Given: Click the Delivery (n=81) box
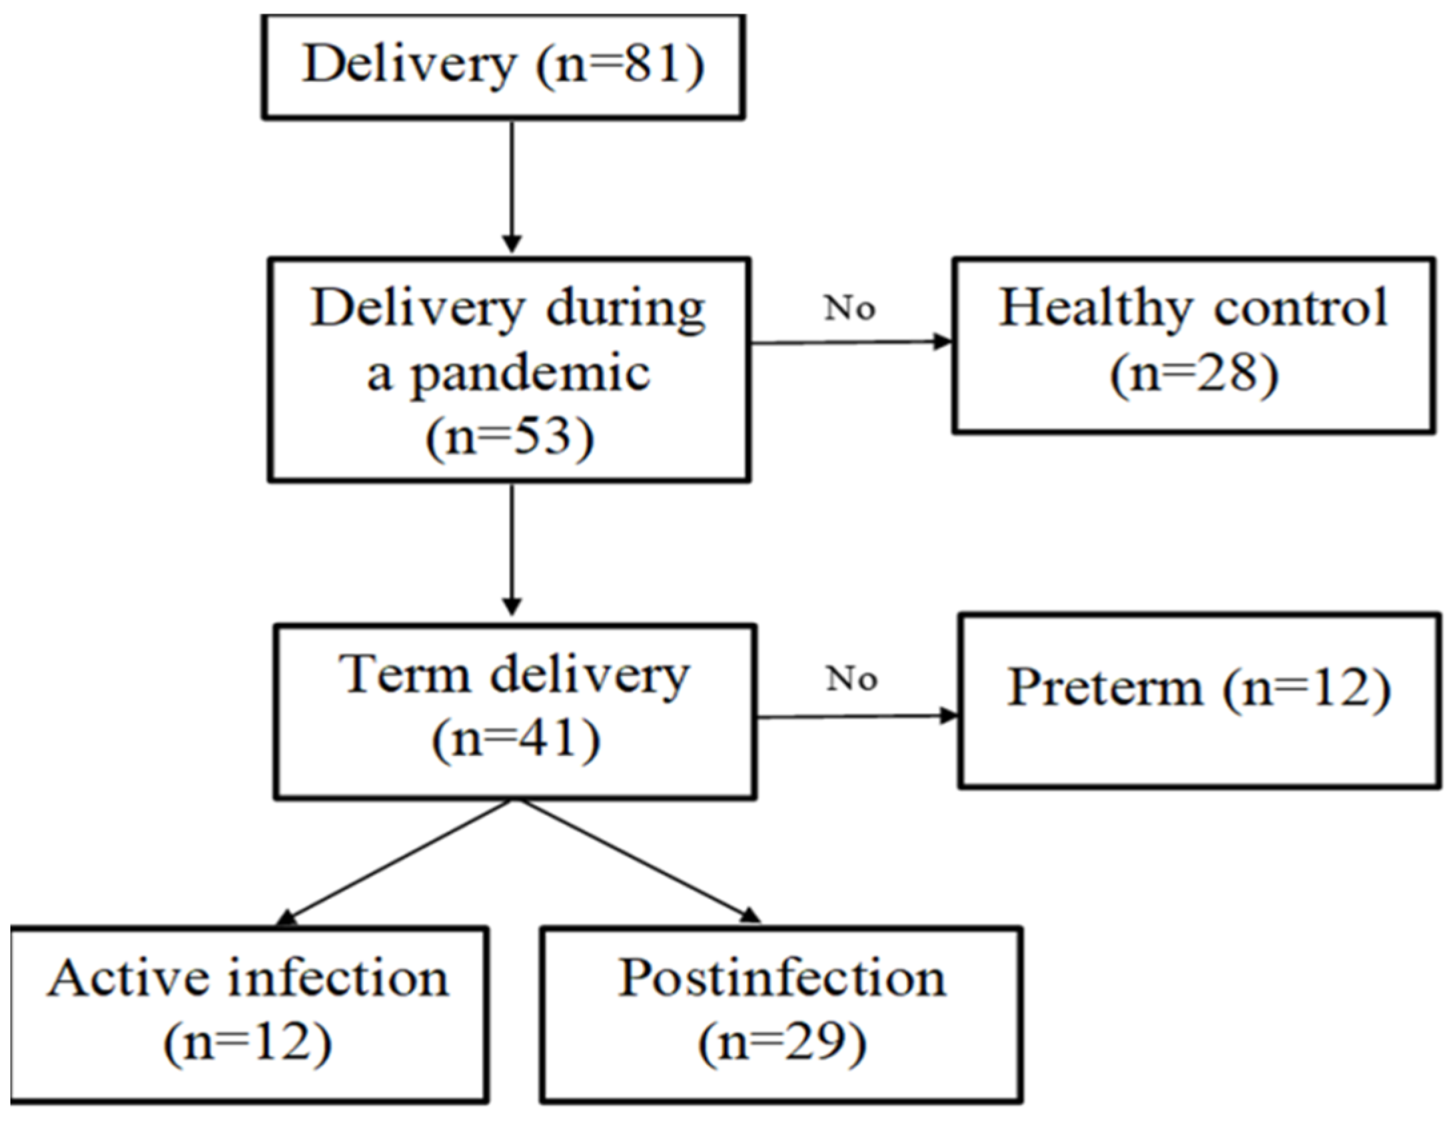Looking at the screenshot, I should [504, 67].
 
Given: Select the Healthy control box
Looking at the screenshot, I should [1193, 345].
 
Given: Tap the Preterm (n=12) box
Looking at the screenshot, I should [1198, 701].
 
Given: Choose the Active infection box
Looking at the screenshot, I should [248, 1014].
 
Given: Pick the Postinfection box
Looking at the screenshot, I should [781, 1014].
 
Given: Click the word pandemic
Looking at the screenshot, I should [530, 374].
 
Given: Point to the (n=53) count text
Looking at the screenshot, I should [510, 438].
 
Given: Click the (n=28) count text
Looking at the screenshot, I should [1194, 374].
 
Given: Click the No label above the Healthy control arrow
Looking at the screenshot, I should [849, 308].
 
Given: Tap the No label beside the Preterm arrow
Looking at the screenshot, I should [851, 679].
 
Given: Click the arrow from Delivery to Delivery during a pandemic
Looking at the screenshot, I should [512, 187].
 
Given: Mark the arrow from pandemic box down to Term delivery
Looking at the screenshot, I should [512, 550].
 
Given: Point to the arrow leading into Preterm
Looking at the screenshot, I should [858, 717].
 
